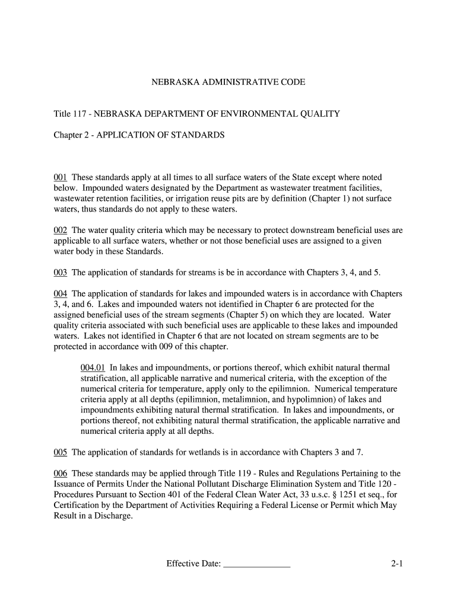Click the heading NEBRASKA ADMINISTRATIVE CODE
pyautogui.click(x=228, y=82)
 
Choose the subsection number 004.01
pyautogui.click(x=93, y=368)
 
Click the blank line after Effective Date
pyautogui.click(x=256, y=564)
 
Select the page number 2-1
pyautogui.click(x=397, y=564)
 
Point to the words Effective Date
pyautogui.click(x=193, y=564)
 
